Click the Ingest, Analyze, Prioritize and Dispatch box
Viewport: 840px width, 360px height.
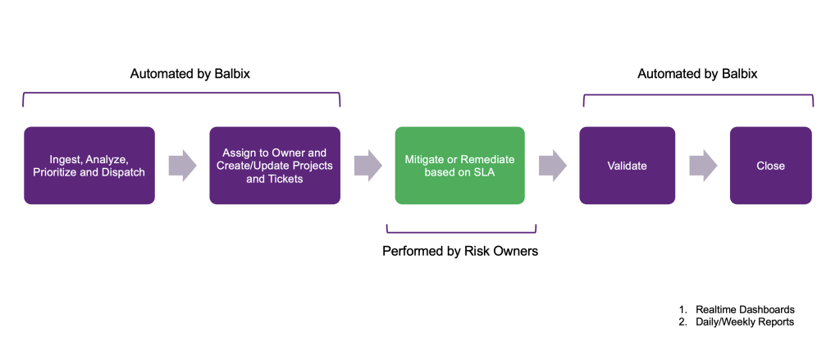(x=89, y=166)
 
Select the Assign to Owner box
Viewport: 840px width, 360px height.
(x=275, y=166)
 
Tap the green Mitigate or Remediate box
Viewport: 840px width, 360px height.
(x=459, y=166)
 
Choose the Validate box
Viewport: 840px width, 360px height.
(x=627, y=166)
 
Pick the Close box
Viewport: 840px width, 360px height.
(x=771, y=166)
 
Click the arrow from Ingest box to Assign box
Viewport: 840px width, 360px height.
(x=183, y=166)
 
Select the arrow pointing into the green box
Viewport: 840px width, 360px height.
(x=368, y=166)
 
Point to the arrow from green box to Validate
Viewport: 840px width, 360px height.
(x=553, y=166)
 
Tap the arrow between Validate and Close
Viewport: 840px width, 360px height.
(x=703, y=166)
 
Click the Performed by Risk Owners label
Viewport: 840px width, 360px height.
(x=460, y=251)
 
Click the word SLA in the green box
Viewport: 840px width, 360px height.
(x=483, y=172)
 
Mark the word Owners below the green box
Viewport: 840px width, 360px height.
(x=516, y=251)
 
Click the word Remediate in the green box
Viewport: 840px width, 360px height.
(x=487, y=160)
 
